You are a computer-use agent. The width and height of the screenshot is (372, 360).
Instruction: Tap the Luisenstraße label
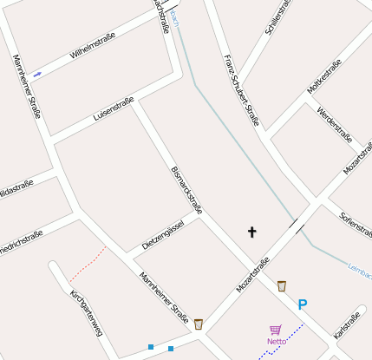[113, 113]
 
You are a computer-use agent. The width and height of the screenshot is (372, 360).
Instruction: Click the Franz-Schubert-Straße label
[241, 89]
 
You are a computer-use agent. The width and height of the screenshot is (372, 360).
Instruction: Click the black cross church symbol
[252, 232]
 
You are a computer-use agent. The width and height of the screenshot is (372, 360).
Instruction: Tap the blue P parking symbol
[303, 304]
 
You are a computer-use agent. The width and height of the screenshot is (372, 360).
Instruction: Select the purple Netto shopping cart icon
[276, 330]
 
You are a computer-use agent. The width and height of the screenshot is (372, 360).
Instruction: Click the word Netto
[277, 341]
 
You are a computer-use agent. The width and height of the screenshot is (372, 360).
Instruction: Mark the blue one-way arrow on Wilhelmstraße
[37, 75]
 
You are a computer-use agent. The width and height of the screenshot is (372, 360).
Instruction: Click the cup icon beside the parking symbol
[282, 285]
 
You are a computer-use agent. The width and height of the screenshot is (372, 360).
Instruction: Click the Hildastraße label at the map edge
[16, 186]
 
